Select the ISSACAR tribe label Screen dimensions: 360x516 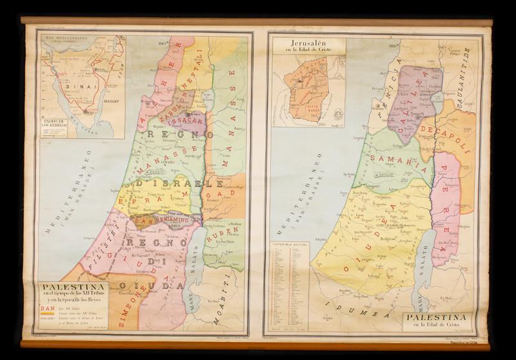[x=190, y=121]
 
